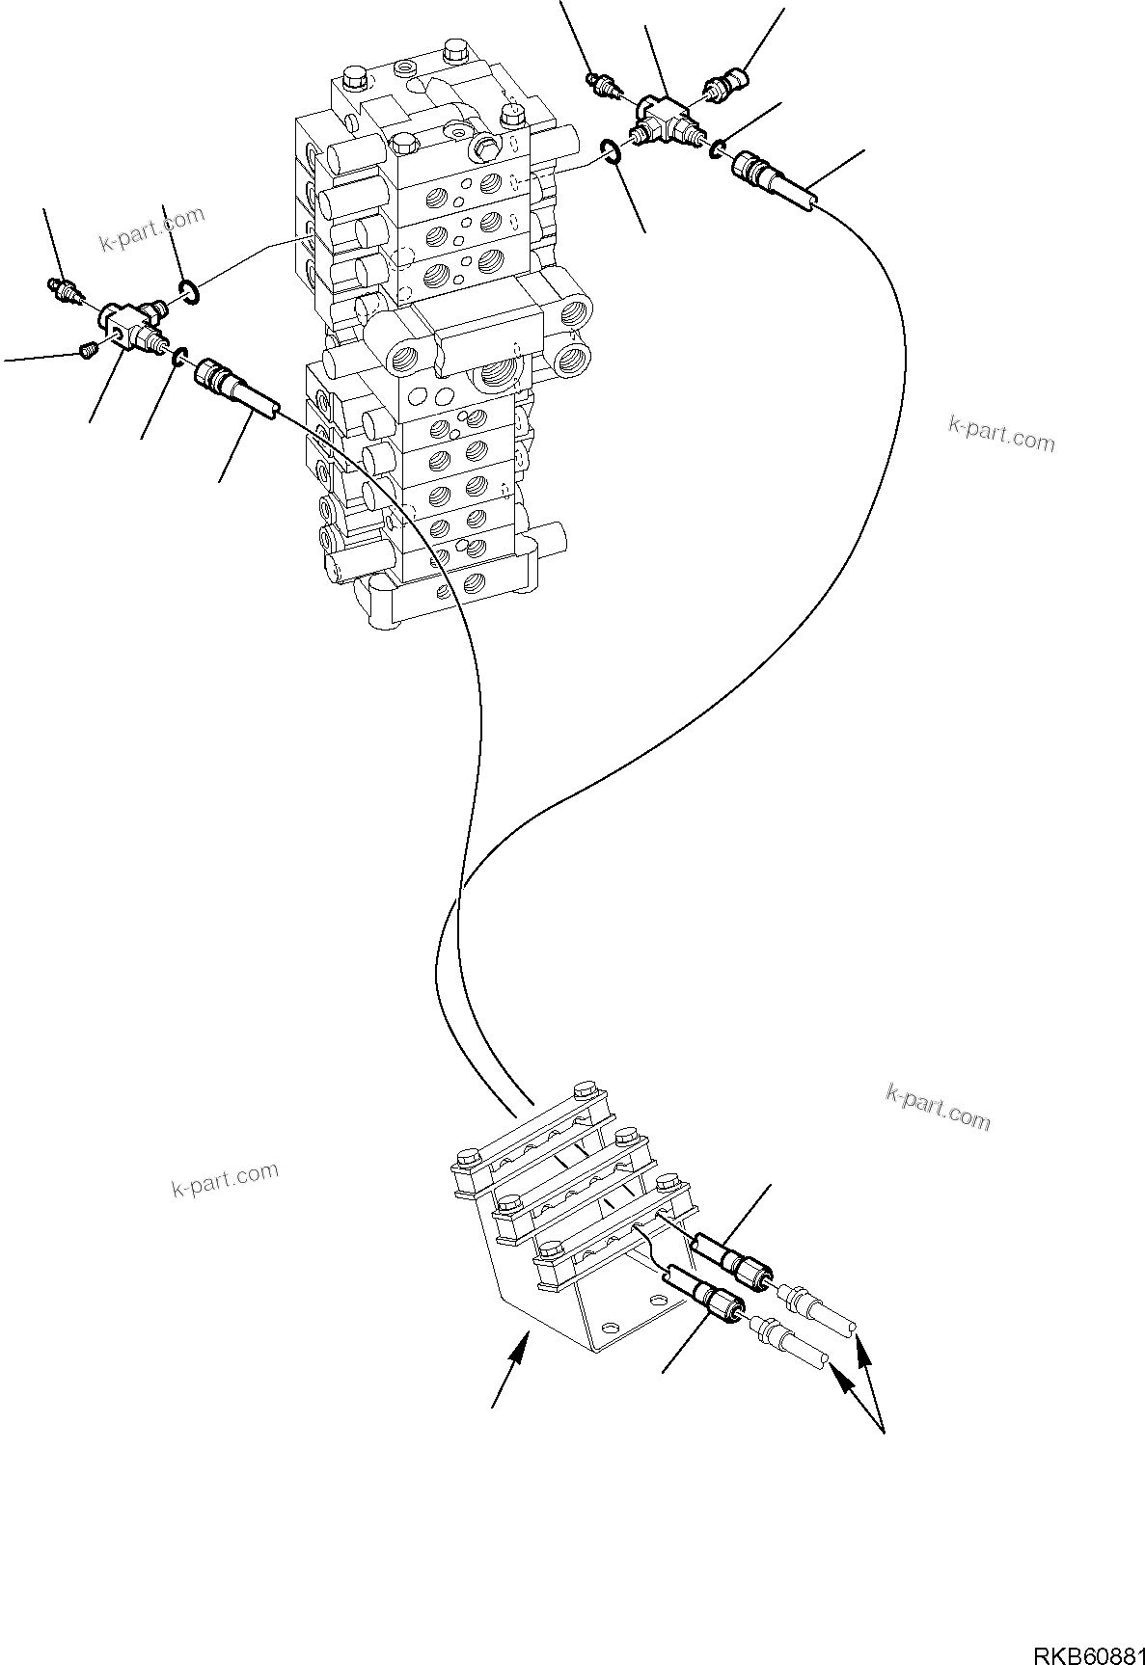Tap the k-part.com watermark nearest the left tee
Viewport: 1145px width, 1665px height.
pyautogui.click(x=152, y=228)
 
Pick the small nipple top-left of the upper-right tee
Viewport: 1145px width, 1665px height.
pyautogui.click(x=603, y=85)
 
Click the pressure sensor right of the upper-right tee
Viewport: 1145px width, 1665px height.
pyautogui.click(x=726, y=83)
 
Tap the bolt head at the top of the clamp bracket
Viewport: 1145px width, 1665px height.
pyautogui.click(x=583, y=1093)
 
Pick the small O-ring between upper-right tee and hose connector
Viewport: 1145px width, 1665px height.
pyautogui.click(x=719, y=148)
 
